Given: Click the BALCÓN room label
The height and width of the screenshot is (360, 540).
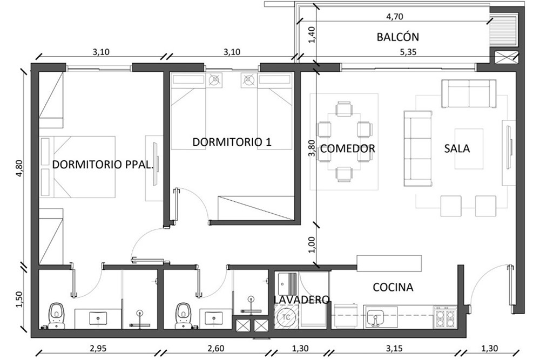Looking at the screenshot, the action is tap(398, 37).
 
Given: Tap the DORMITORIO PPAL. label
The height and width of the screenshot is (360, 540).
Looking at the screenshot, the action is tap(102, 164).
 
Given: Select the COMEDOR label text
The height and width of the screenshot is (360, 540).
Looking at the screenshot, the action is tap(347, 148).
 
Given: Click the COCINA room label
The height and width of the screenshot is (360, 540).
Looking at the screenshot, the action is tap(393, 287).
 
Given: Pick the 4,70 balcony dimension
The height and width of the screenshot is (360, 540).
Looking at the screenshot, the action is tap(395, 17).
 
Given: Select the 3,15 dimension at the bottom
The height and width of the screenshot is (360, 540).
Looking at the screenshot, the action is tap(394, 348).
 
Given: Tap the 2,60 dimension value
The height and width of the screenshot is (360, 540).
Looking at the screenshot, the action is tap(216, 348).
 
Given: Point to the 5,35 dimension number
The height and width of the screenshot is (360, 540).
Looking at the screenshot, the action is tap(408, 52).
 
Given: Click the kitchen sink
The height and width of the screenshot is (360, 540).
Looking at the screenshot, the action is tap(375, 317).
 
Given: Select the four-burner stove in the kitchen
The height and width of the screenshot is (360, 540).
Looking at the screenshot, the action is tap(445, 317).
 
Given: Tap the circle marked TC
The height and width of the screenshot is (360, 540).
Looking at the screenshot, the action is tap(286, 317).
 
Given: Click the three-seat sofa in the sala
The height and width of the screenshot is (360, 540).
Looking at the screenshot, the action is tap(418, 148).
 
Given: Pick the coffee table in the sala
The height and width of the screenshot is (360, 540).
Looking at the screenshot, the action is tap(469, 148).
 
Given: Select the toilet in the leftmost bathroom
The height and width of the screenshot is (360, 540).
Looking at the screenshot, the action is tap(56, 315).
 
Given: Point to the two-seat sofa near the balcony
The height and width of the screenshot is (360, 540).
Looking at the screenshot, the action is tap(469, 93).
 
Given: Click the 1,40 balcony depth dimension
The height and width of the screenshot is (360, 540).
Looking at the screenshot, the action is tap(312, 35).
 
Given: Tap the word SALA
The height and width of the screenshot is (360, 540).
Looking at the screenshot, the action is tap(457, 148).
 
